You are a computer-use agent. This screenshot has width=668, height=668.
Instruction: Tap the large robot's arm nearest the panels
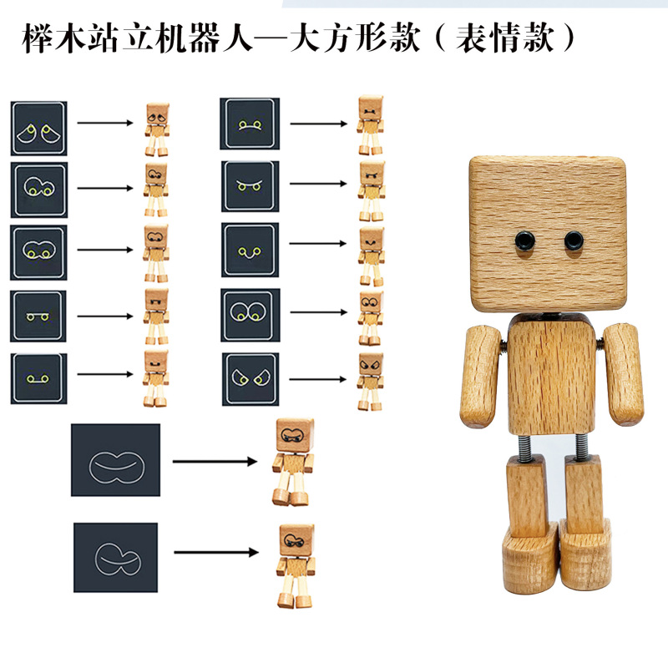point(482,375)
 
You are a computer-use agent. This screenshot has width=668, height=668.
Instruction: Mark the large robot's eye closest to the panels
point(524,242)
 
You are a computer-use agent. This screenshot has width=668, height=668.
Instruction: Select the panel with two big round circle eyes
point(250,315)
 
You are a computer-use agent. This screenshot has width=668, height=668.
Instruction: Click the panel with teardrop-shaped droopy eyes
point(39,129)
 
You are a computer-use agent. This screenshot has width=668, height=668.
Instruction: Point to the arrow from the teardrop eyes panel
point(105,124)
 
